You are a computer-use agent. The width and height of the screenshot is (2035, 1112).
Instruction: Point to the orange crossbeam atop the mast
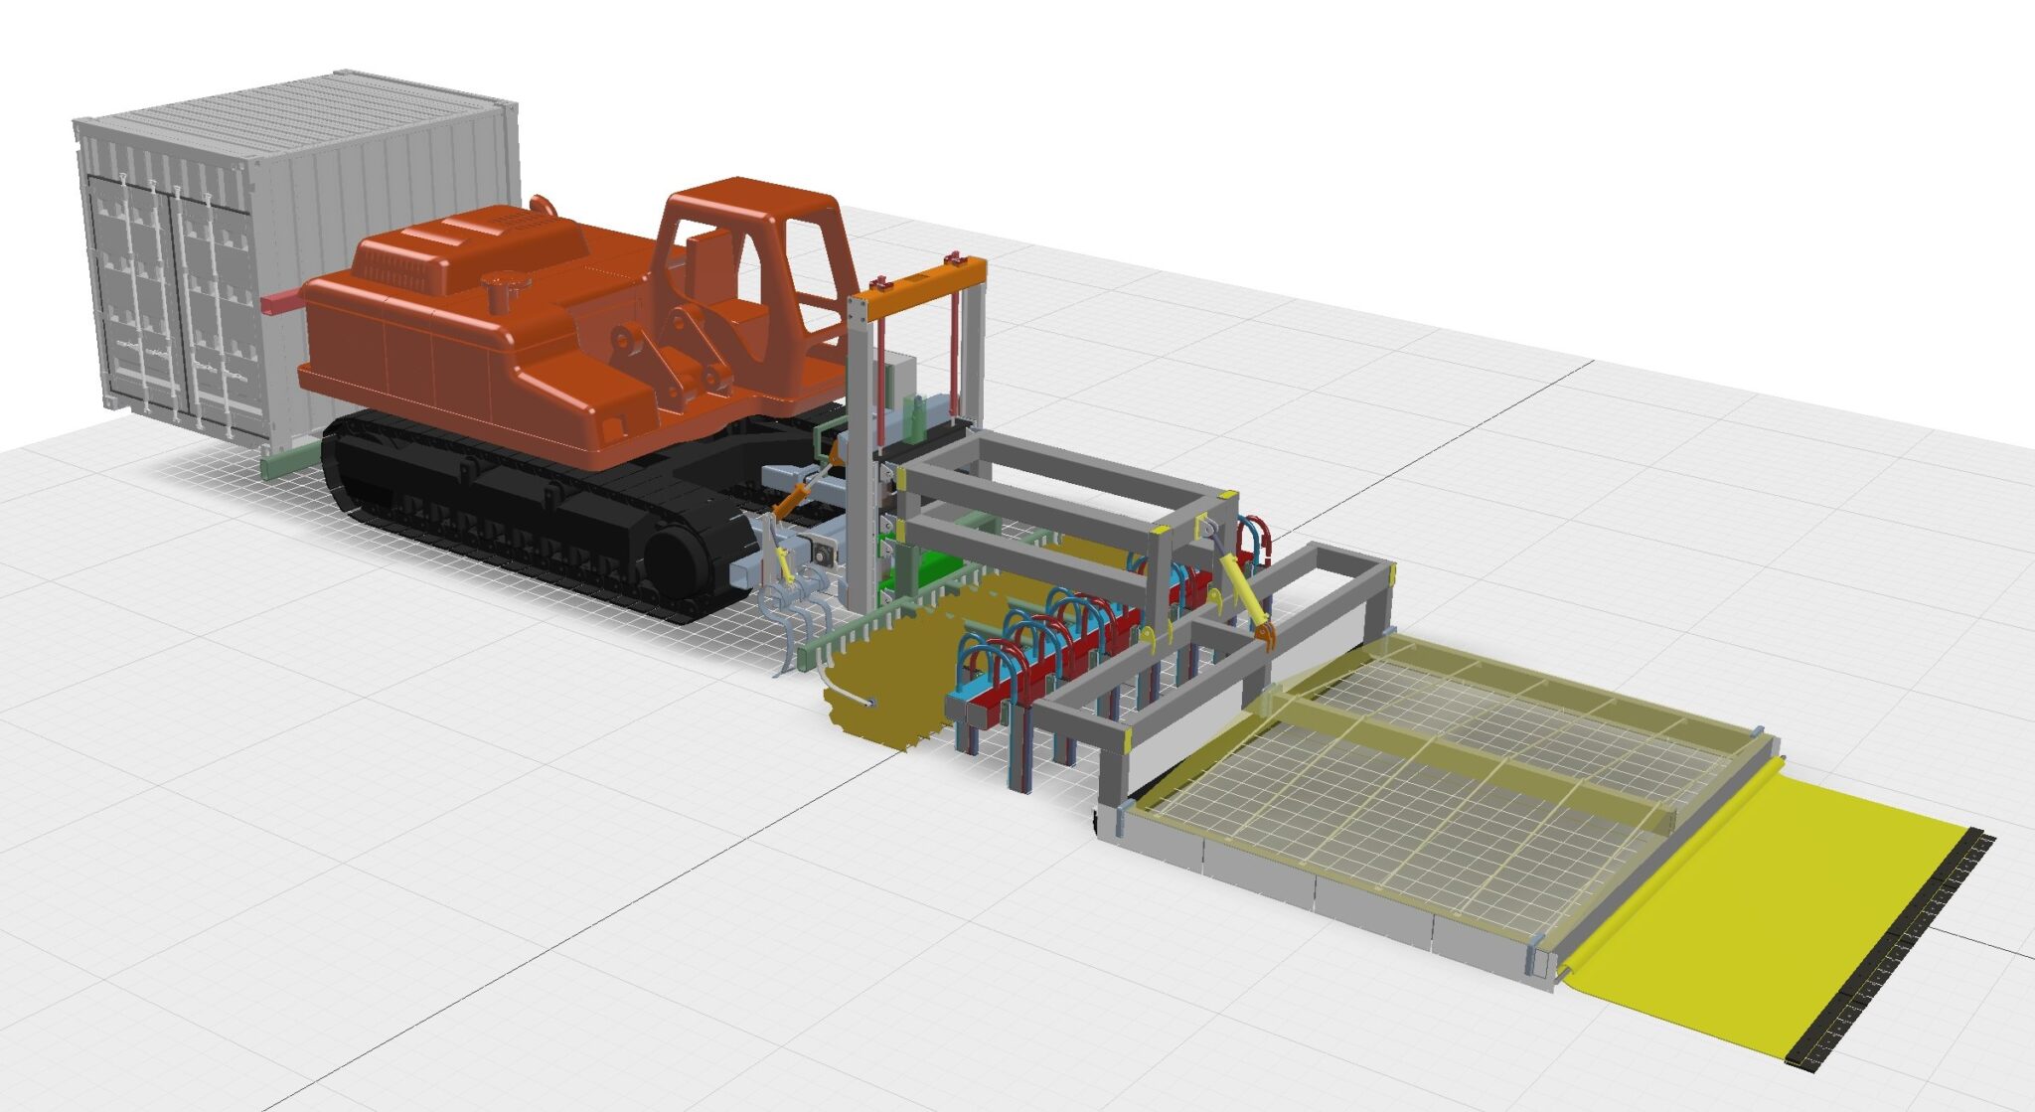coord(919,279)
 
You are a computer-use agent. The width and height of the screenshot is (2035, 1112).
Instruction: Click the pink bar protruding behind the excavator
coord(282,302)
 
